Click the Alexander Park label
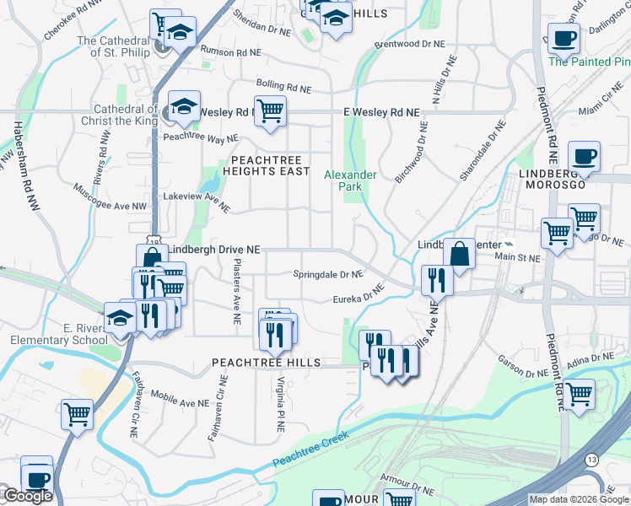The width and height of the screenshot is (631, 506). pos(350,180)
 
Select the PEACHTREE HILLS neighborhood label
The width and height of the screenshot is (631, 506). pos(267,363)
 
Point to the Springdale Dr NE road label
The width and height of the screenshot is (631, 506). pos(327,274)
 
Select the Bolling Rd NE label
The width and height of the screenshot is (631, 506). pos(283,87)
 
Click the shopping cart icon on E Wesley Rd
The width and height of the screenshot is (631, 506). pos(270,110)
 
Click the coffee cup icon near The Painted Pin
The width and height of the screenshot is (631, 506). pos(564,38)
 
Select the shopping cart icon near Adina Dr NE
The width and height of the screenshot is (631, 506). pos(580,394)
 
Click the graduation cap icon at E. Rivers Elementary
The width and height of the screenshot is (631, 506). pos(120,318)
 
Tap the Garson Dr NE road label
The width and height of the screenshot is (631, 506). pos(523,363)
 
